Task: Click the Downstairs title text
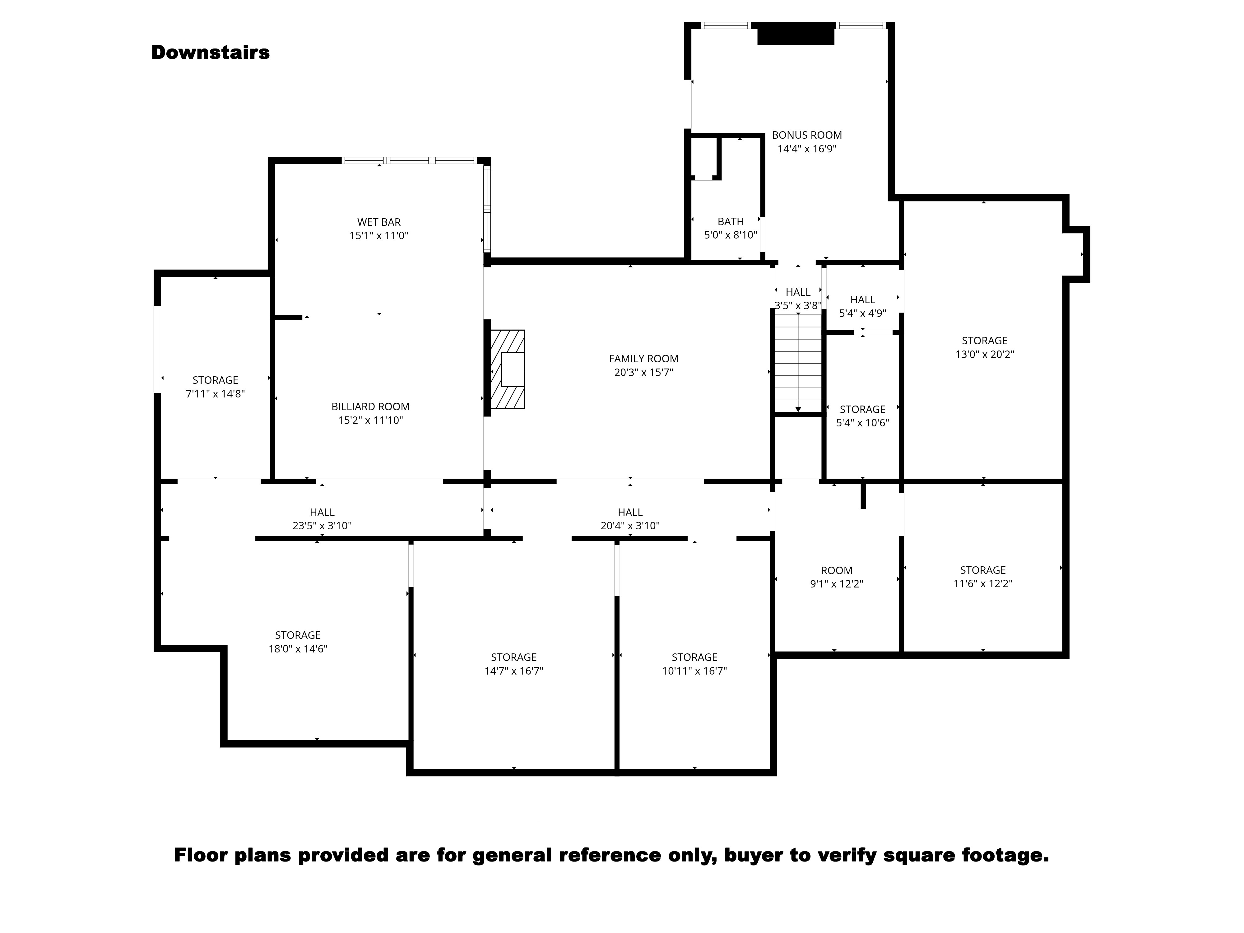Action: (210, 52)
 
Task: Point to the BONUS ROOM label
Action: (806, 135)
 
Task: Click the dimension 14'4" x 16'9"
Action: (806, 149)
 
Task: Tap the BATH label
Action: (731, 221)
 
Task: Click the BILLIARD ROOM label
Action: (370, 406)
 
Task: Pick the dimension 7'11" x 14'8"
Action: (216, 394)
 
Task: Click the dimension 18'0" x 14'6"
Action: (298, 648)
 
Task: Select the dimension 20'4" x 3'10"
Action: (630, 526)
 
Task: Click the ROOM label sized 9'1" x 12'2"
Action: (836, 570)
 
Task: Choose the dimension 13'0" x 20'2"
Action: (984, 354)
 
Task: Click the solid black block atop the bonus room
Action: (795, 34)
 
